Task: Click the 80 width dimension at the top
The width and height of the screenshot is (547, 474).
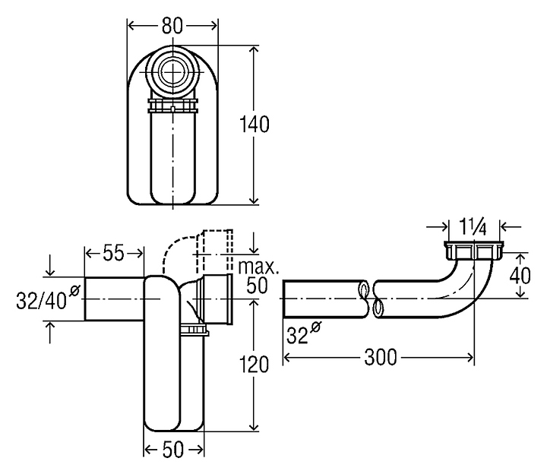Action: click(x=172, y=26)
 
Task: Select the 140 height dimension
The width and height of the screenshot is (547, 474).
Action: click(x=255, y=124)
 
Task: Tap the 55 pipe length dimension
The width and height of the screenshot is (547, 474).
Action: click(x=114, y=253)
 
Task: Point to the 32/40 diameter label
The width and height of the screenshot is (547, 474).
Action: click(x=41, y=301)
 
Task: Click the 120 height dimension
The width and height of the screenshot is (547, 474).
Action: click(x=254, y=365)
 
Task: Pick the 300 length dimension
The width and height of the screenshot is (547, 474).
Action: click(x=381, y=358)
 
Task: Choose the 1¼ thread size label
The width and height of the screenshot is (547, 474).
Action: click(x=473, y=227)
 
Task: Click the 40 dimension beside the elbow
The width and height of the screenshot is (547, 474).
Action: click(x=520, y=276)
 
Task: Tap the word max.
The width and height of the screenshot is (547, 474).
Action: click(x=258, y=267)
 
